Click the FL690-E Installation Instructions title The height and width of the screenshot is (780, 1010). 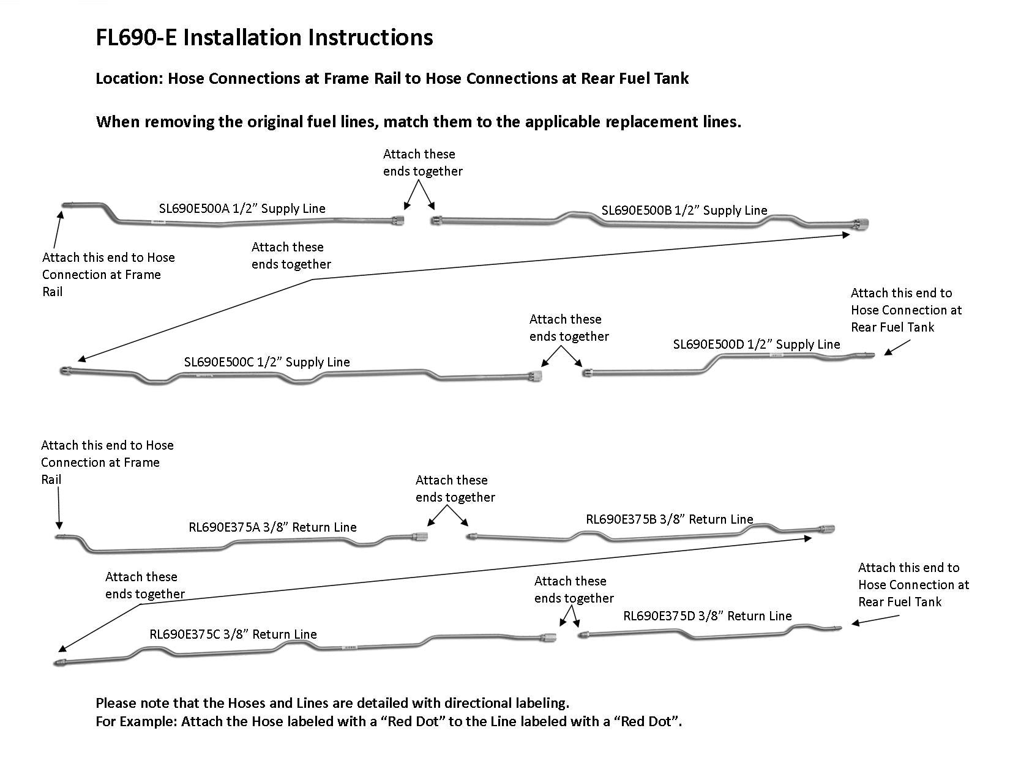pyautogui.click(x=264, y=37)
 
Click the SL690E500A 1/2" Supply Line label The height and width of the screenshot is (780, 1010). pyautogui.click(x=242, y=209)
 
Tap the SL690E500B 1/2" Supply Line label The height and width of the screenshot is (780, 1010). pyautogui.click(x=684, y=210)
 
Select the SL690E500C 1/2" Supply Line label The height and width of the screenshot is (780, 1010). pyautogui.click(x=267, y=362)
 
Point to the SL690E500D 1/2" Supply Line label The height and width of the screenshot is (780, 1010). pyautogui.click(x=756, y=344)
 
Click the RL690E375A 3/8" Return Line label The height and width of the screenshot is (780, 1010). pyautogui.click(x=272, y=527)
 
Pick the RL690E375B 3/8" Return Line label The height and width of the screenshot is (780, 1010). pyautogui.click(x=669, y=519)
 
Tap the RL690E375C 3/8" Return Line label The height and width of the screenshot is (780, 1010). pyautogui.click(x=233, y=634)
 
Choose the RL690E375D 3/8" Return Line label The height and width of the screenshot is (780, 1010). pyautogui.click(x=707, y=616)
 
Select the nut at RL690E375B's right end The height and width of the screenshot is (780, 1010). pyautogui.click(x=827, y=529)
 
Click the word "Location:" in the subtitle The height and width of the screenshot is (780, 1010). pyautogui.click(x=129, y=79)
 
